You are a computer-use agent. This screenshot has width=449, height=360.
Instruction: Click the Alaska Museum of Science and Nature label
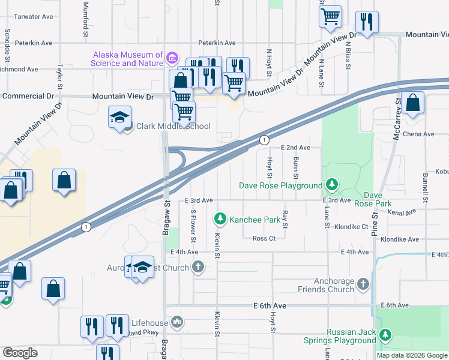127,59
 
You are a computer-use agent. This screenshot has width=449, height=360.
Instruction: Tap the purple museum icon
172,58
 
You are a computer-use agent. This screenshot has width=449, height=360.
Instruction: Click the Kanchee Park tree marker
220,220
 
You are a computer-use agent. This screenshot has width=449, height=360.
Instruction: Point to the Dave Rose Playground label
280,185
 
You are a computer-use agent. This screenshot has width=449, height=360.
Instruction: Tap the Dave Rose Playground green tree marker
330,184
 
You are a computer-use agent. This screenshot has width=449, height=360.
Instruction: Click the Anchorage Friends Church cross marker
363,284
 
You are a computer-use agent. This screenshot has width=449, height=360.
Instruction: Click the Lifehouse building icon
177,323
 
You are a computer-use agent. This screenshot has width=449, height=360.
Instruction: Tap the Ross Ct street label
264,238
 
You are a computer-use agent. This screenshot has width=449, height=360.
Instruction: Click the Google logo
20,352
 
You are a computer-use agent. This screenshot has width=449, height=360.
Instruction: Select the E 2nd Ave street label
295,148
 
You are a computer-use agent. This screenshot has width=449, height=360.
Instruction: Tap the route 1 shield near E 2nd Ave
264,140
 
